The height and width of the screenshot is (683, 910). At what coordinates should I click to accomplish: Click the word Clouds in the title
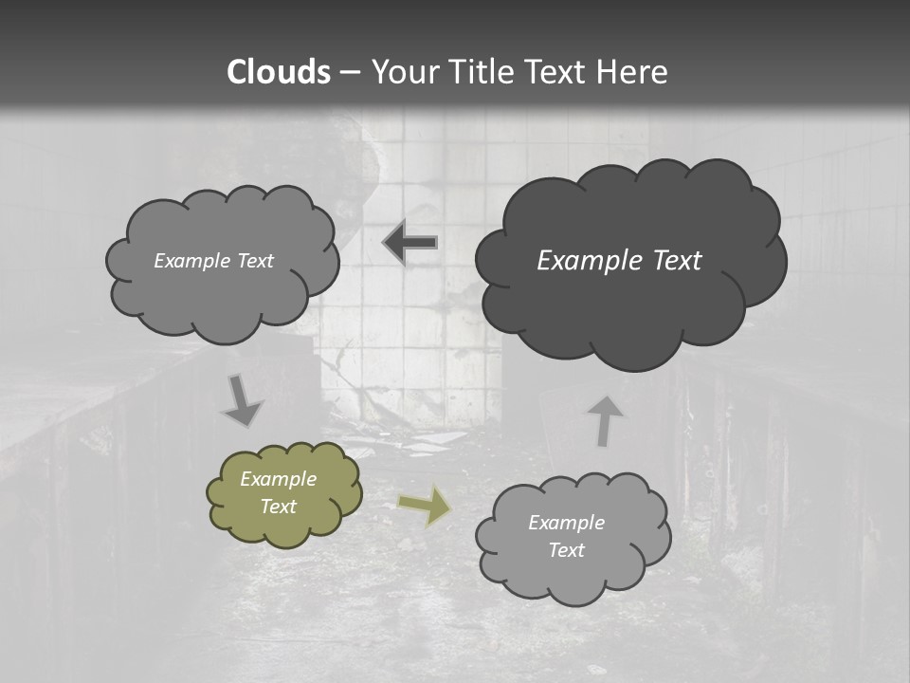click(x=279, y=72)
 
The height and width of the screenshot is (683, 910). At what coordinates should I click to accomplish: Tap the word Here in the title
click(x=633, y=72)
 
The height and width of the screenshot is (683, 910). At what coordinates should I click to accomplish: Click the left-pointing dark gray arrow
click(x=410, y=243)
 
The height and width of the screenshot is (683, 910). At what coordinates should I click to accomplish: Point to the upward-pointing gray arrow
click(x=605, y=420)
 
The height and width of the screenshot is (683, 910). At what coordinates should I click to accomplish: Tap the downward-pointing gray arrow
click(x=243, y=401)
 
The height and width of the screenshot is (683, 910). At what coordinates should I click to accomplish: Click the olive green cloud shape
click(x=284, y=493)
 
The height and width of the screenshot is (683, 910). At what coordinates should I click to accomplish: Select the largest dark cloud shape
click(x=630, y=261)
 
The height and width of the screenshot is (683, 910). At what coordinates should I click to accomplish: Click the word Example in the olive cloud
click(x=278, y=479)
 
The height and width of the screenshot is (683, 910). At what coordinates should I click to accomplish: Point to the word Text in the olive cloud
click(x=278, y=507)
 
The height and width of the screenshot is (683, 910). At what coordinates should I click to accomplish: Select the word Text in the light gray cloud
click(x=566, y=550)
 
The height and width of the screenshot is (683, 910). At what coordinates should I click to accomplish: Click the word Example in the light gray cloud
click(x=566, y=523)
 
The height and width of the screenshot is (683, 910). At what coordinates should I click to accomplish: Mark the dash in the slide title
click(x=348, y=72)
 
